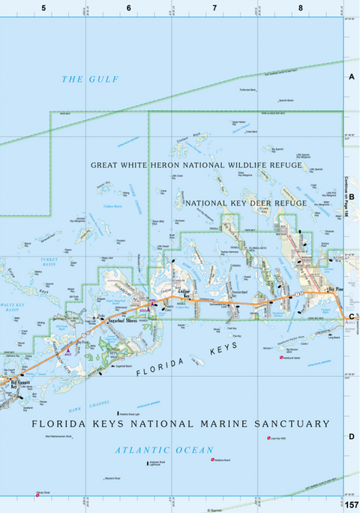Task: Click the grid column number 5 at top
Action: [x=43, y=7]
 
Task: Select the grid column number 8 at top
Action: [x=300, y=7]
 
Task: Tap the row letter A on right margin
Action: [x=351, y=76]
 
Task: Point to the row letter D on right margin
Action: [x=351, y=436]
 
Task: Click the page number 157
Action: [x=351, y=504]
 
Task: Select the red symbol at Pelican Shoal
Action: [x=37, y=493]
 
